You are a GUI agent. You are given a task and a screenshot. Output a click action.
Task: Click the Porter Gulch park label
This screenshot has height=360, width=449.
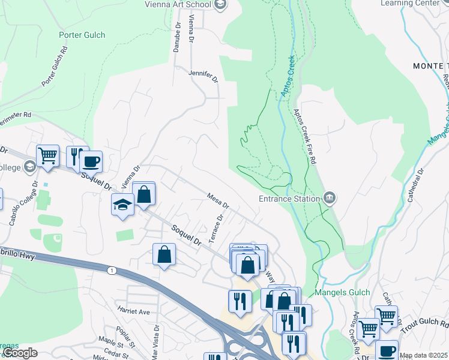tap(82, 35)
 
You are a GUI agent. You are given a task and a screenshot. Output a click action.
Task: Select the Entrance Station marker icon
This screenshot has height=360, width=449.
tap(329, 197)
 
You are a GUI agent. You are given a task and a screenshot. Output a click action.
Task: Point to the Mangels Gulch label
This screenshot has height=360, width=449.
tap(340, 293)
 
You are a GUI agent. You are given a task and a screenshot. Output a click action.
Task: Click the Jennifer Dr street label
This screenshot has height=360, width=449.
tap(202, 74)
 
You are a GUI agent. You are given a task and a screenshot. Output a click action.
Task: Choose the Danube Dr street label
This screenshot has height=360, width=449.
tap(177, 38)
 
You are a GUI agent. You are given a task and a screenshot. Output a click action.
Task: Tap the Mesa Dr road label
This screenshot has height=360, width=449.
tap(218, 200)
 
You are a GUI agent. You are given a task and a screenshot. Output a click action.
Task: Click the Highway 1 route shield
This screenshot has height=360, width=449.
tap(111, 271)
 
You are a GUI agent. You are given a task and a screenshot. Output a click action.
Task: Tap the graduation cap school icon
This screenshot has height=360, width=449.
tap(122, 205)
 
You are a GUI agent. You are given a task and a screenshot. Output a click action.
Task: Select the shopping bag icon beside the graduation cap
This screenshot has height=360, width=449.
tap(143, 194)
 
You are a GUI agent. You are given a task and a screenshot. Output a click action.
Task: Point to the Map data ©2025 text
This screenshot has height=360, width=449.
tap(423, 355)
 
